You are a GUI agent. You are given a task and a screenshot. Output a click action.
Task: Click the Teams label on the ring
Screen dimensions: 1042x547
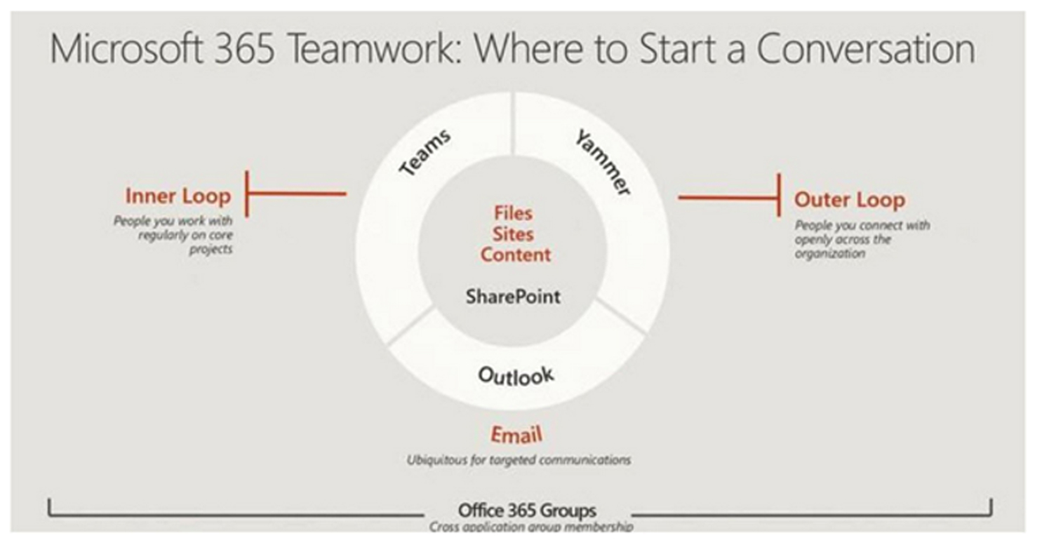(425, 152)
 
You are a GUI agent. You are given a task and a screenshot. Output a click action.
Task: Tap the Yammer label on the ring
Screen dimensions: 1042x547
(603, 163)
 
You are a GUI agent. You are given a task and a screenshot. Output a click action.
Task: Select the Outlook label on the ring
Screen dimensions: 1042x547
(516, 376)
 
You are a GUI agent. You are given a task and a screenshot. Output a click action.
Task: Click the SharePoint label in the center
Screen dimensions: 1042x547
(513, 297)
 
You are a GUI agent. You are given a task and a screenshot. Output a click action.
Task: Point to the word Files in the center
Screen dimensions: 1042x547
(513, 213)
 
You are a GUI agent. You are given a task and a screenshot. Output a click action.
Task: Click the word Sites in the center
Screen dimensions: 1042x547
(513, 234)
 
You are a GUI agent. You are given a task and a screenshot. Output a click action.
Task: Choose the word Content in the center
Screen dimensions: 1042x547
(516, 255)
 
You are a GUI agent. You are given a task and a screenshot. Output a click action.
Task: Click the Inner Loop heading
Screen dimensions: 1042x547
(178, 196)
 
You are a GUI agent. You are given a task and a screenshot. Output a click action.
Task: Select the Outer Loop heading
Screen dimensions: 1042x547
(850, 200)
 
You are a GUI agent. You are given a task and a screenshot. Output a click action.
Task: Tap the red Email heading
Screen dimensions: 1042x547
(516, 435)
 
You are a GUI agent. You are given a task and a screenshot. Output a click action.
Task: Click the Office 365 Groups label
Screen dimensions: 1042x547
(527, 511)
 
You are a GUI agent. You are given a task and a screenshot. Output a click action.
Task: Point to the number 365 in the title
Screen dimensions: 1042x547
(243, 49)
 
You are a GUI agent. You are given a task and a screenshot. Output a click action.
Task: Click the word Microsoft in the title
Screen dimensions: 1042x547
(126, 48)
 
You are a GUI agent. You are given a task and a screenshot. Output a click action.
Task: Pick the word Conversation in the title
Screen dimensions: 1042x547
(866, 48)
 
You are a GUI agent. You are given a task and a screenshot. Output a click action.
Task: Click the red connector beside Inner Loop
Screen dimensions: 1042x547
(296, 194)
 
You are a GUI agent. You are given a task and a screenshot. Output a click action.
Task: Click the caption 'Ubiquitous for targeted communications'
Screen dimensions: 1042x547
(519, 460)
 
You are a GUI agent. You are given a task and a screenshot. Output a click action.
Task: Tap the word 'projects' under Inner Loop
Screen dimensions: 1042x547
(211, 250)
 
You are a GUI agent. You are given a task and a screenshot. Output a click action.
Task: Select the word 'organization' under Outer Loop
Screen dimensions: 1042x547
(830, 254)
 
